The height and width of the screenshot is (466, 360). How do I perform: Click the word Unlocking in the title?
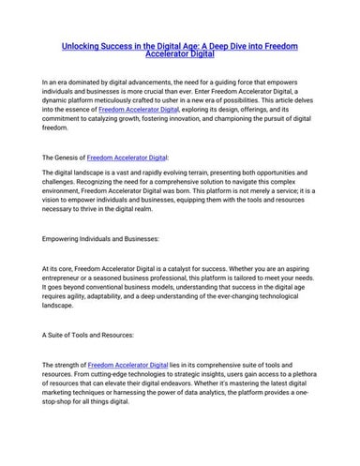click(81, 44)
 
